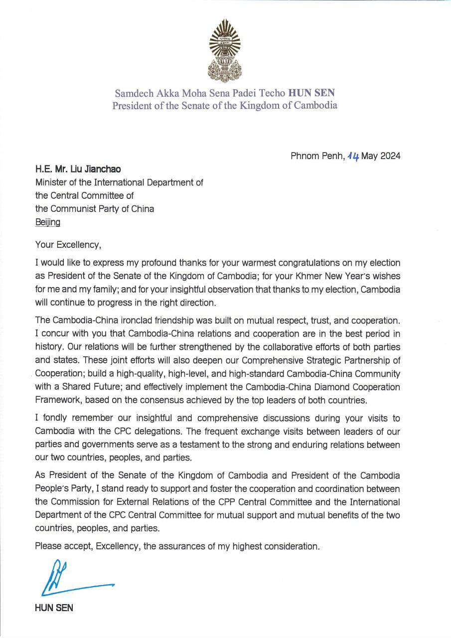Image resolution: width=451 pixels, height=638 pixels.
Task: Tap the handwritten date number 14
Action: [x=353, y=156]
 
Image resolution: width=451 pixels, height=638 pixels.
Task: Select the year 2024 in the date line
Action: [x=390, y=156]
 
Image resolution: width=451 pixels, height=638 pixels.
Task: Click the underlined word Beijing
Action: [x=47, y=222]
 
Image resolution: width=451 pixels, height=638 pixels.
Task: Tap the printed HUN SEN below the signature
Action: [x=54, y=608]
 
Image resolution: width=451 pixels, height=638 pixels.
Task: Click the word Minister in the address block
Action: [x=52, y=182]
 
